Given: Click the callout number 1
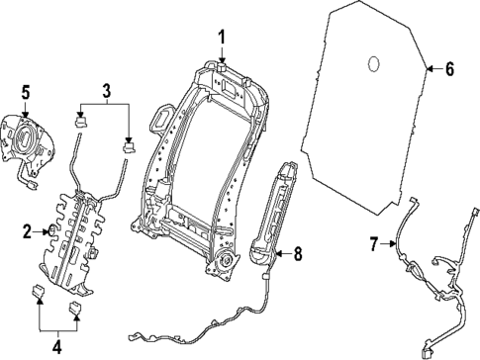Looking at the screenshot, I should pyautogui.click(x=223, y=38).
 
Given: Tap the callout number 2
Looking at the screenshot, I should pyautogui.click(x=27, y=231).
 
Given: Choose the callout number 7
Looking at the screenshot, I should pyautogui.click(x=374, y=243).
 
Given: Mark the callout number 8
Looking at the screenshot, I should pyautogui.click(x=297, y=253).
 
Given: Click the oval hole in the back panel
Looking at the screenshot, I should pyautogui.click(x=374, y=64).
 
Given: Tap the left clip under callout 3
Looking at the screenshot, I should pyautogui.click(x=83, y=123).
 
